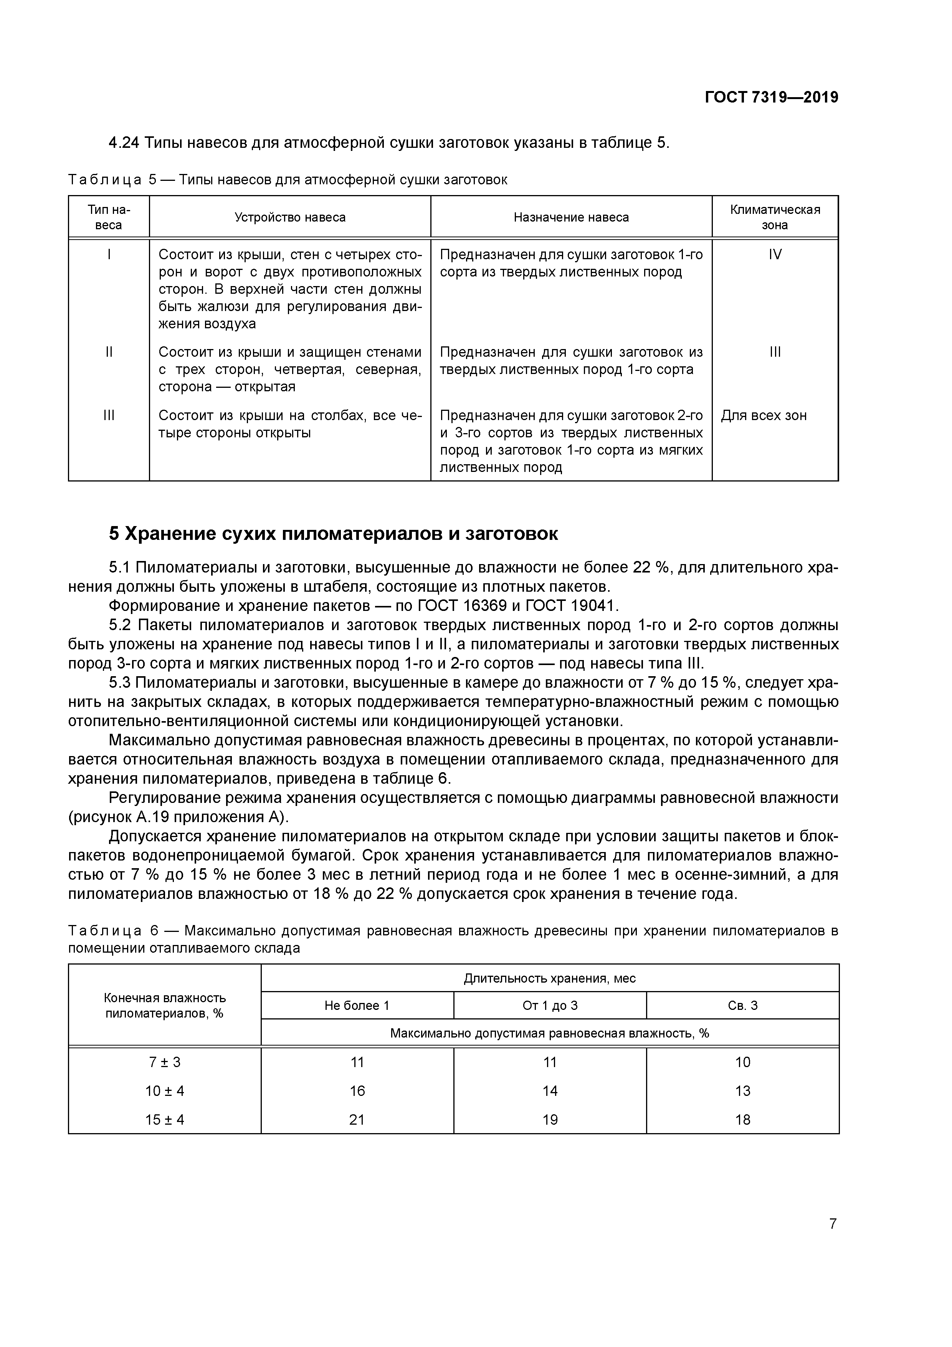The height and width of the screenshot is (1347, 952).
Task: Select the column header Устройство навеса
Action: [x=290, y=217]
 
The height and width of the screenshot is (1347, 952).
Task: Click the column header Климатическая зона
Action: [x=775, y=217]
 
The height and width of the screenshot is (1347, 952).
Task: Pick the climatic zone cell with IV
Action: [x=775, y=255]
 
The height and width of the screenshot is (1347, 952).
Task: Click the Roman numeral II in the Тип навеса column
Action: [x=109, y=352]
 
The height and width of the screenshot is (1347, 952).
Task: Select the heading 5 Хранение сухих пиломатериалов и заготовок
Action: [x=333, y=534]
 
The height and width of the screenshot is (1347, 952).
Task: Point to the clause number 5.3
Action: [x=121, y=682]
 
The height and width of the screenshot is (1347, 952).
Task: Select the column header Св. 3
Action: [x=742, y=1006]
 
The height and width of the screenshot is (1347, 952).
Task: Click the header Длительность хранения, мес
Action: [x=550, y=978]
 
